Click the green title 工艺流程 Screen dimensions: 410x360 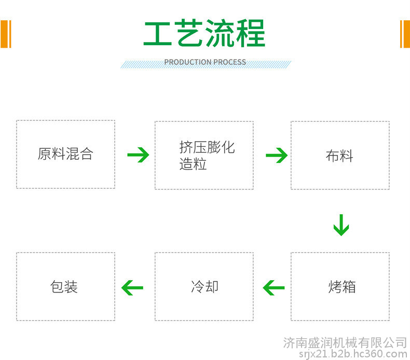coord(204,33)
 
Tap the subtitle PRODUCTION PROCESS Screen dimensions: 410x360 coord(205,62)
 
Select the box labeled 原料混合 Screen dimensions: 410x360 coord(65,154)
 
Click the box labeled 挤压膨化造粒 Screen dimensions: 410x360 coord(204,155)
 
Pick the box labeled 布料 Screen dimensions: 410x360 coord(340,155)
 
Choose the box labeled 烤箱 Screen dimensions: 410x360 coord(340,286)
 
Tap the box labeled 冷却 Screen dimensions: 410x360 coord(204,286)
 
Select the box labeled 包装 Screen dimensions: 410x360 coord(65,286)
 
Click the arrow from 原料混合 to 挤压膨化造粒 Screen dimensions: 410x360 coord(138,155)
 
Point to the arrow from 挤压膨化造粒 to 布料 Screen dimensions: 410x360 coord(277,155)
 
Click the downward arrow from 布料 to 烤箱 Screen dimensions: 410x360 coord(341,225)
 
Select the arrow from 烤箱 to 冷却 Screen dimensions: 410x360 coord(274,288)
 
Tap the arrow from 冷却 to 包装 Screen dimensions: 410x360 coord(132,288)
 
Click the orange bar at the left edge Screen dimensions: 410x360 coord(6,34)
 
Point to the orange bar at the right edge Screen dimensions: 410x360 coord(405,34)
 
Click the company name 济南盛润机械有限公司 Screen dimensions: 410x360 coord(345,343)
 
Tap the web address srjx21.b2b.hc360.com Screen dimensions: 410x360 coord(353,354)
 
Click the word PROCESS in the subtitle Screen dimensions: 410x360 coord(230,62)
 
